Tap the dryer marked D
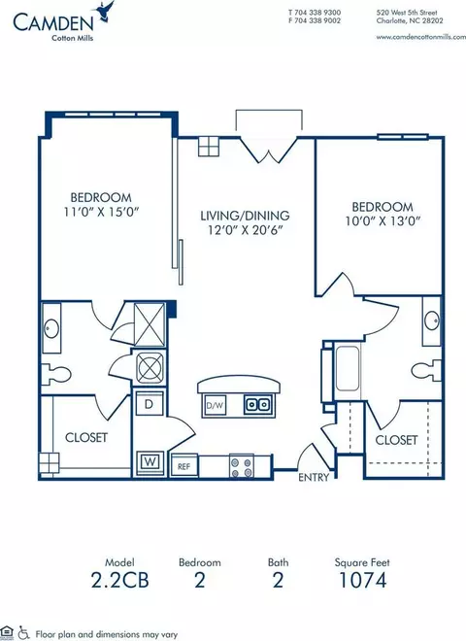tap(150, 404)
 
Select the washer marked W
tap(150, 462)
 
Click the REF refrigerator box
tap(183, 465)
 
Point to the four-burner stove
tap(241, 466)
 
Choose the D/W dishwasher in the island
tap(215, 405)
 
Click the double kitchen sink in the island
tap(257, 404)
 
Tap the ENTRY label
tap(314, 477)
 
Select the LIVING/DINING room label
tap(245, 216)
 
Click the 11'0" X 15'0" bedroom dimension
tap(101, 212)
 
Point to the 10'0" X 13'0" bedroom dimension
tap(383, 221)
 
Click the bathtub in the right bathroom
tap(348, 368)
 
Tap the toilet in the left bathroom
tap(56, 374)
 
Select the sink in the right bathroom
tap(432, 320)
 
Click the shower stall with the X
tap(150, 325)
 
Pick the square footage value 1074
tap(362, 580)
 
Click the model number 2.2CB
tap(119, 580)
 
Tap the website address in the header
tap(420, 37)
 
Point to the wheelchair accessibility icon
tap(23, 633)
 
